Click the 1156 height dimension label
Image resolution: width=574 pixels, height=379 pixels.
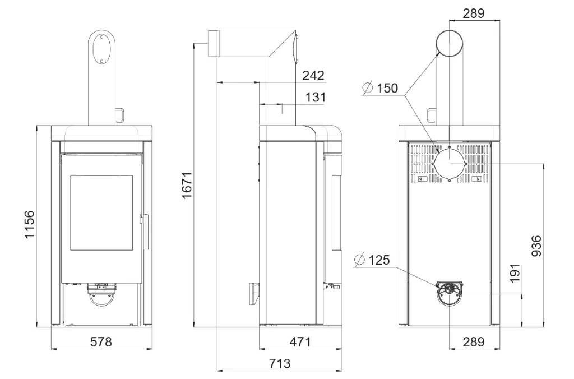pos(29,224)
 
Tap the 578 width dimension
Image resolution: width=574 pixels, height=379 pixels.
pos(101,341)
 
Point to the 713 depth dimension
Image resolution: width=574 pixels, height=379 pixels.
pos(280,363)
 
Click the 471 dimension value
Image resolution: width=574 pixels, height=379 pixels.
pos(300,341)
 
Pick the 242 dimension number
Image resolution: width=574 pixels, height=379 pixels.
pos(313,76)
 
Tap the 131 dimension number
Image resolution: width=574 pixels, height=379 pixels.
pos(315,97)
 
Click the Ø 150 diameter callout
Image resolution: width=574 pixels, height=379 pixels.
pos(380,88)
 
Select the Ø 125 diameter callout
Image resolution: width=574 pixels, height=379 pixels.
pos(372,260)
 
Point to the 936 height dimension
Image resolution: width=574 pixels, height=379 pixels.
pos(536,246)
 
